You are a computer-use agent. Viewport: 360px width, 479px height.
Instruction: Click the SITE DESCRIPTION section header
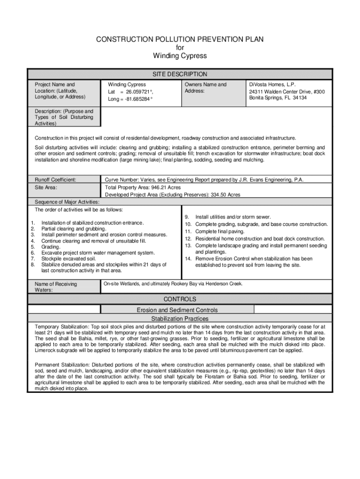180,74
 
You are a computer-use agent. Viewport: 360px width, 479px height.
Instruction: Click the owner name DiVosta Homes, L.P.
272,85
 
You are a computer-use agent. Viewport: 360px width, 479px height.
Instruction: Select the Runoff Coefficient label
56,179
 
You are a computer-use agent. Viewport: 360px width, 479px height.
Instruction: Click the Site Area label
46,187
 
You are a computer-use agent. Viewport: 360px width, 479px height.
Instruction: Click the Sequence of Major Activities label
67,202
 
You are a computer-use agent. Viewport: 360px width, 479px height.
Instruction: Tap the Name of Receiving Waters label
56,287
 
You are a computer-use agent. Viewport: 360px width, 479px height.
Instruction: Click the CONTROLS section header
180,299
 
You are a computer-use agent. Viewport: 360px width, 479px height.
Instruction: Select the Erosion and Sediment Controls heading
177,310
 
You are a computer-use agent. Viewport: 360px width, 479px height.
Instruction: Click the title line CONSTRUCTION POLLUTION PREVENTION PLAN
180,40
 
